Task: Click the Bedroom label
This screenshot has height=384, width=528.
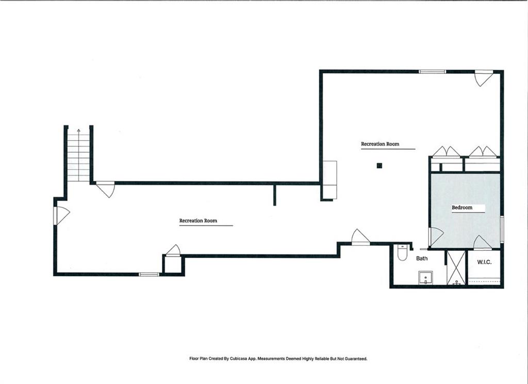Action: (461, 207)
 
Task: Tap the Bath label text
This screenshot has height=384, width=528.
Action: (422, 258)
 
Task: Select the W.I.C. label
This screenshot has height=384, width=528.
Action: (484, 262)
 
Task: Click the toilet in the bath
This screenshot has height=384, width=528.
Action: (402, 252)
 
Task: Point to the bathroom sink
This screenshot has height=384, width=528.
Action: (425, 278)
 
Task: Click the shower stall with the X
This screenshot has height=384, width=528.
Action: (456, 267)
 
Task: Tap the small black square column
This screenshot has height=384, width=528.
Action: (379, 165)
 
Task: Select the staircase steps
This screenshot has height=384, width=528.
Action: (78, 155)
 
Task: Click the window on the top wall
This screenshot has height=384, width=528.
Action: (433, 71)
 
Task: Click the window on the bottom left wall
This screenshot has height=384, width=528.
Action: (149, 275)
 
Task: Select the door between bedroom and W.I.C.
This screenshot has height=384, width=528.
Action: (482, 243)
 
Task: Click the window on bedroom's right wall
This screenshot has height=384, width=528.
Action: (502, 229)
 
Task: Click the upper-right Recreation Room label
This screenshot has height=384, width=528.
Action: (380, 144)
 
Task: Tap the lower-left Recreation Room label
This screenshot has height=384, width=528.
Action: (198, 221)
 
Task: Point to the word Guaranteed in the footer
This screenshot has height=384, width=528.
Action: (356, 359)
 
